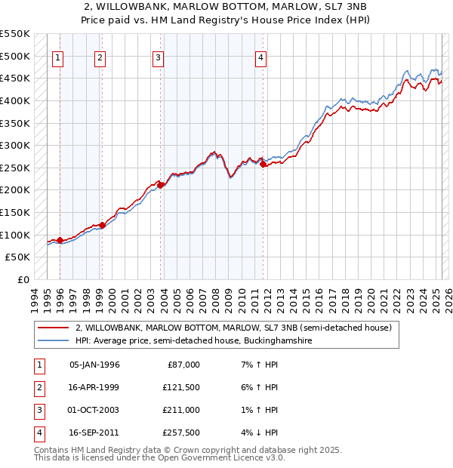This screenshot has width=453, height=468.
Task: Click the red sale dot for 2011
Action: pyautogui.click(x=262, y=165)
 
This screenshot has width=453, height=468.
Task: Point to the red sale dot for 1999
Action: pyautogui.click(x=102, y=225)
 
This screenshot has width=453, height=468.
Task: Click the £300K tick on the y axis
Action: pyautogui.click(x=14, y=145)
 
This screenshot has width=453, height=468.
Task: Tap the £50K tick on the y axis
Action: pyautogui.click(x=17, y=257)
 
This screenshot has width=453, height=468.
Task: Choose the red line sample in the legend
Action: pyautogui.click(x=53, y=328)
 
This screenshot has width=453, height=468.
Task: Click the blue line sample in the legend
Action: pyautogui.click(x=53, y=341)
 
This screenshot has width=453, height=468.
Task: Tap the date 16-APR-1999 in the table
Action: pyautogui.click(x=94, y=387)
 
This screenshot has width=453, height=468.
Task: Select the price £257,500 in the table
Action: pyautogui.click(x=182, y=433)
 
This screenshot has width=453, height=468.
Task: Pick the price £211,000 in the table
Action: pyautogui.click(x=182, y=411)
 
